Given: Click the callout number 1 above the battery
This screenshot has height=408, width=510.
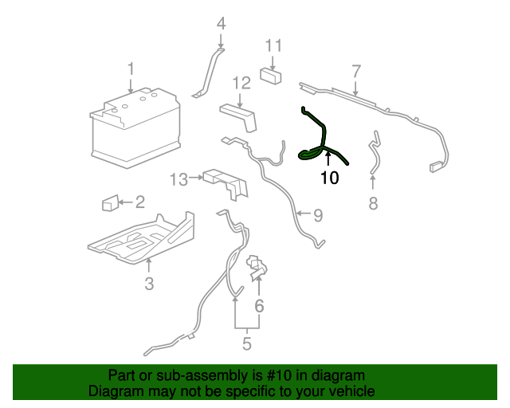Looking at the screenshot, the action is pos(131,69).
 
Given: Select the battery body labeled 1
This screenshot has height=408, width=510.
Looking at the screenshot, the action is pos(135,127).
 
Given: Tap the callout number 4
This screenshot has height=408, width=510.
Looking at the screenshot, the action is pos(222,23).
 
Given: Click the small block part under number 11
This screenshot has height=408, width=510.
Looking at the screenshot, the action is pos(271,76).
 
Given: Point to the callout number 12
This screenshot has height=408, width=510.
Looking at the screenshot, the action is pos(241,84).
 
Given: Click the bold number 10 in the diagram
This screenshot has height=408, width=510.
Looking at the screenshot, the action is pos(329,178).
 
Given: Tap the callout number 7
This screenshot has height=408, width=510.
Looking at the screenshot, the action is pos(356,71).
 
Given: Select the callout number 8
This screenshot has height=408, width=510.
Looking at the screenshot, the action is pos(373,203).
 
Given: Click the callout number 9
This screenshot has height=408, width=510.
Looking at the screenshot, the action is pos(318,215).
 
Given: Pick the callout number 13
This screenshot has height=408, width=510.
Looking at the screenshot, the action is pos(179,179).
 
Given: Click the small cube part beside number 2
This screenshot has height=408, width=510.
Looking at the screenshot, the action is pos(110,202).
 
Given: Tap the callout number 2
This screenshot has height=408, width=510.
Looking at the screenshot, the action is pos(140,202).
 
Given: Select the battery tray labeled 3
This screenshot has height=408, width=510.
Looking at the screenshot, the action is pos(141,238).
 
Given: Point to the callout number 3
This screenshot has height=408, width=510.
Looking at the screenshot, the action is pos(149,284).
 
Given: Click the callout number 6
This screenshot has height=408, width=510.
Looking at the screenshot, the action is pos(259,306).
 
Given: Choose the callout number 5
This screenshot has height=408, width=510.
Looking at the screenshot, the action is pos(247,343).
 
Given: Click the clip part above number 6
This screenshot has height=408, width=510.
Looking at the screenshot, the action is pos(258,268).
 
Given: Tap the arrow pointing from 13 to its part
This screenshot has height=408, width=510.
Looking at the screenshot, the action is pos(196,178).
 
